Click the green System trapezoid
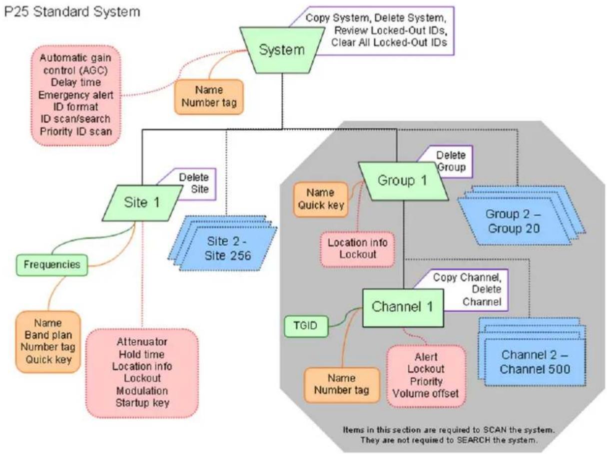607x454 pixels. (282, 50)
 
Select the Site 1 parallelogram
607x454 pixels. (142, 203)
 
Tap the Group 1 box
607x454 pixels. (403, 181)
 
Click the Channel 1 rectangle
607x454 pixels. (403, 308)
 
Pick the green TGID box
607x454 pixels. (306, 326)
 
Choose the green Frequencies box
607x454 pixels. (52, 265)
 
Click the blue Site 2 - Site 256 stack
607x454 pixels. (223, 243)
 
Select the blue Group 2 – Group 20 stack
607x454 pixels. (521, 216)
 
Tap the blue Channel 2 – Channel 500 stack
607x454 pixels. (532, 352)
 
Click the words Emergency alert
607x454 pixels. (76, 95)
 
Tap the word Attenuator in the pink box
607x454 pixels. (142, 342)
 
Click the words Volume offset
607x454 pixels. (426, 394)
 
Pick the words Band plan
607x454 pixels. (48, 335)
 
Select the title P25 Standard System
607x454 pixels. (72, 12)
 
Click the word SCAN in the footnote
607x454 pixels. (495, 430)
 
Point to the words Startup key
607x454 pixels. (142, 403)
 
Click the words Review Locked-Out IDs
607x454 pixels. (391, 30)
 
